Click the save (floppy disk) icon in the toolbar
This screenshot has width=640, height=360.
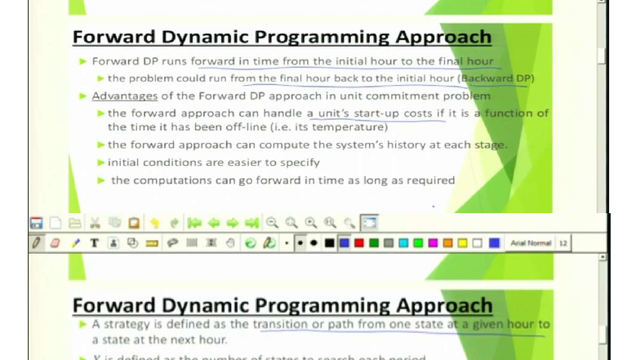(x=36, y=222)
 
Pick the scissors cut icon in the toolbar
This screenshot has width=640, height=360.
(x=96, y=222)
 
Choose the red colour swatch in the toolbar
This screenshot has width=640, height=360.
(x=358, y=242)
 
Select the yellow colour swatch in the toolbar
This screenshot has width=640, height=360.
(x=462, y=242)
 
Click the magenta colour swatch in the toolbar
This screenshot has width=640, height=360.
(x=432, y=242)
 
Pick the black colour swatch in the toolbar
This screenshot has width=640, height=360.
(x=329, y=242)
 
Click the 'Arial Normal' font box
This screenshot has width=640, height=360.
(x=530, y=242)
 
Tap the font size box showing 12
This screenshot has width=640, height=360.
(x=563, y=242)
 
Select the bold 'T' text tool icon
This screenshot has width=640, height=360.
(x=94, y=242)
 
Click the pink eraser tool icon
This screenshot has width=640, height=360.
(x=56, y=242)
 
